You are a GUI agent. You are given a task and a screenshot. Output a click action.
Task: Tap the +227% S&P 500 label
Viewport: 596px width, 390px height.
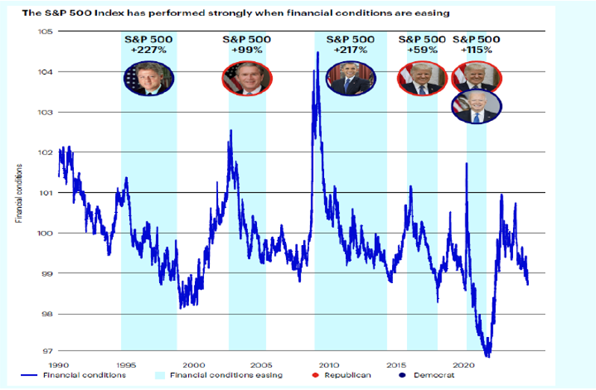click(149, 43)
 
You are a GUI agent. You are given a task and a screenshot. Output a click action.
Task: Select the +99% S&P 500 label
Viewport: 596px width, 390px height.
click(247, 43)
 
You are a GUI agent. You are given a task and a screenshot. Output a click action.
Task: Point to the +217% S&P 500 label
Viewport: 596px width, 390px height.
click(349, 43)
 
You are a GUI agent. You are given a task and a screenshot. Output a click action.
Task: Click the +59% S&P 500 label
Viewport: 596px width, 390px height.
click(423, 43)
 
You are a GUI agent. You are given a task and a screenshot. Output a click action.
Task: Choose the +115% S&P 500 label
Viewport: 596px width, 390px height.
click(477, 43)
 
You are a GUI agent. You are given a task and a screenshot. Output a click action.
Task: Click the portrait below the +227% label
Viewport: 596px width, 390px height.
click(150, 78)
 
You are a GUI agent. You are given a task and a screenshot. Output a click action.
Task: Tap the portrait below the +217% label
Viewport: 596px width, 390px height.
click(348, 78)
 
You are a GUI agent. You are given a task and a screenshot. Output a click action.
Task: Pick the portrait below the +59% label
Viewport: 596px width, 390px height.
click(419, 78)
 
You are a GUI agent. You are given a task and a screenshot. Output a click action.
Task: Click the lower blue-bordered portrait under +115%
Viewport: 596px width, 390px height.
click(477, 108)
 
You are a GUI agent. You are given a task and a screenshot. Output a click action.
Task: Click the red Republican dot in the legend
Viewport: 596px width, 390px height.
click(317, 374)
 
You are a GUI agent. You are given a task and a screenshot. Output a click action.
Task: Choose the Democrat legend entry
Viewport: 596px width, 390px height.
click(424, 374)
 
